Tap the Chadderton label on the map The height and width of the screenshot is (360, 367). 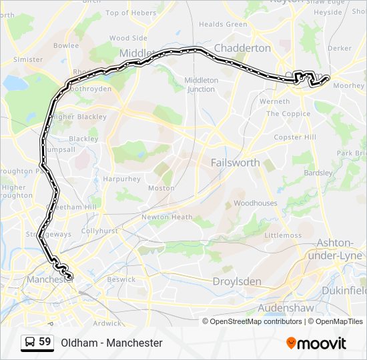[242, 48]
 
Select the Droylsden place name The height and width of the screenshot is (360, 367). [236, 281]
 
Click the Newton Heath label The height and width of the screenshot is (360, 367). [167, 217]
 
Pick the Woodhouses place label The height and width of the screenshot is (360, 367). [255, 203]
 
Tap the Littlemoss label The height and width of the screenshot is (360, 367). [283, 235]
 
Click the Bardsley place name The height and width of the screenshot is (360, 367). [318, 173]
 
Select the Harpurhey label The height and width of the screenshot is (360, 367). [121, 179]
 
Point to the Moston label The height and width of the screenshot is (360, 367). [160, 189]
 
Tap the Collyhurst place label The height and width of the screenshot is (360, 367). [99, 231]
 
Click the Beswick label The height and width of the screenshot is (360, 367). [121, 279]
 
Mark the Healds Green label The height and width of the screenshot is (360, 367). [223, 25]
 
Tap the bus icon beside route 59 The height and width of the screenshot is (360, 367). [29, 343]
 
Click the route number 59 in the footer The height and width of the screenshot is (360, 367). [45, 342]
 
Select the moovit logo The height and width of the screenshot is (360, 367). [316, 343]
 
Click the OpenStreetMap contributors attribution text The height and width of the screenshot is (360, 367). [256, 321]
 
